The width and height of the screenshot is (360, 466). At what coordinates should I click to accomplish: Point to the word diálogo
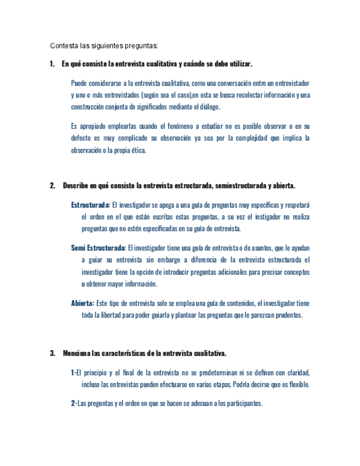point(207,107)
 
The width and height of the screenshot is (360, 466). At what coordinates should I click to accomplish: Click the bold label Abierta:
point(82,303)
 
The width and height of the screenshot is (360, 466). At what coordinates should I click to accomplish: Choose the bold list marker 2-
point(74,403)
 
